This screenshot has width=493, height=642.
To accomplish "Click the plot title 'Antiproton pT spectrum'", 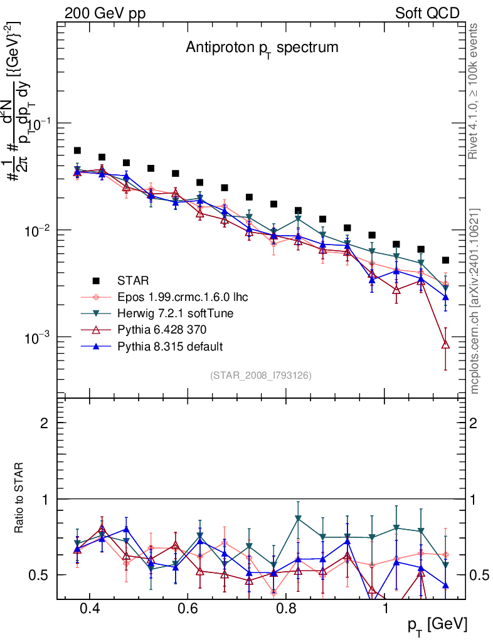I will pos(262,48).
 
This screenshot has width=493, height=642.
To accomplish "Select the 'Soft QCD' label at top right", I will pos(427,13).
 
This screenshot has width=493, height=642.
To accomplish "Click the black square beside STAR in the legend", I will pos(96,280).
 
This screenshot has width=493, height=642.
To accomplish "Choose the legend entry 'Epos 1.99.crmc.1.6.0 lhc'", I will pos(186,297).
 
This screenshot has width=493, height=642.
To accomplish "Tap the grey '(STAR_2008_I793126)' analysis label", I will pos(261,375).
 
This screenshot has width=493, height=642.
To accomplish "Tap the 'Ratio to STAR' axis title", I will pos(21,498).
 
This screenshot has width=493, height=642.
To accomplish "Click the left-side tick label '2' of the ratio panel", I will pos(44,423).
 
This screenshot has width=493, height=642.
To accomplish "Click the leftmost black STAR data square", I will pos(77,150).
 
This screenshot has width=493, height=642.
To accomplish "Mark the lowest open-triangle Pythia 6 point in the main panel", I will pos(445,344).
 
